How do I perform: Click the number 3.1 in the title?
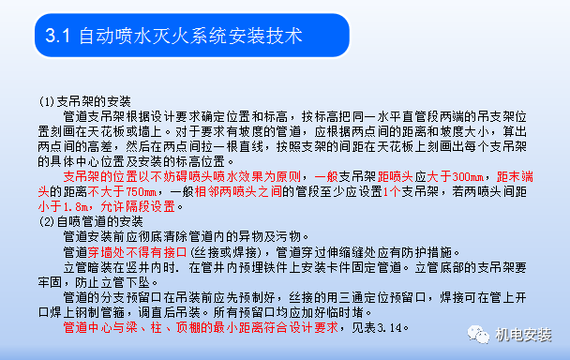(x=58, y=37)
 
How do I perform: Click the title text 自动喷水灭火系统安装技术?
(x=191, y=37)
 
